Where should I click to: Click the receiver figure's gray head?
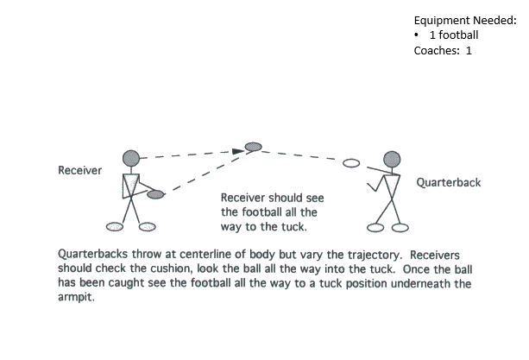130,158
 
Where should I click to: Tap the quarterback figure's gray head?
392,159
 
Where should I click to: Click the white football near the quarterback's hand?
351,163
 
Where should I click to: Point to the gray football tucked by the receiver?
155,194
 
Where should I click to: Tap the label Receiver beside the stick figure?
79,170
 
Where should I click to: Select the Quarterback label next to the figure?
449,183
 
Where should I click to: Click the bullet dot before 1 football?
417,35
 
